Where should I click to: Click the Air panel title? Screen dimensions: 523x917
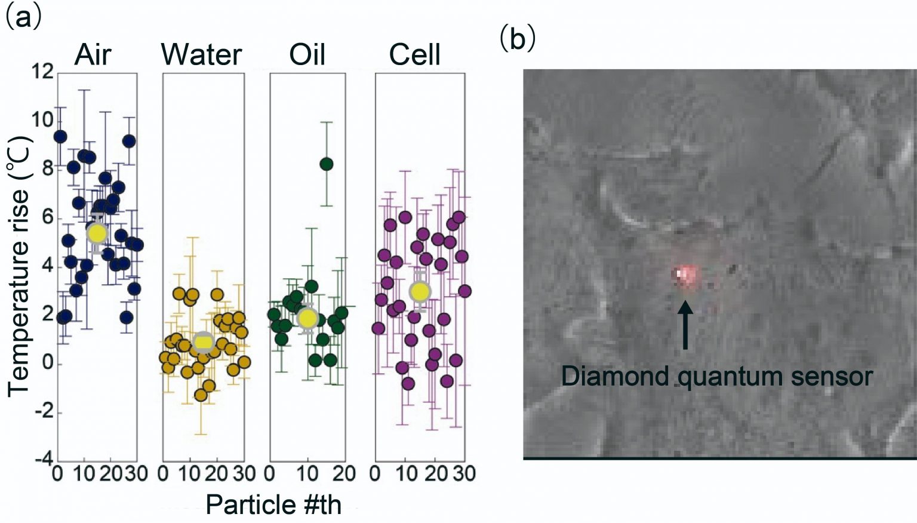tap(93, 55)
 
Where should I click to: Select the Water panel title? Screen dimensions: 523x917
tap(202, 55)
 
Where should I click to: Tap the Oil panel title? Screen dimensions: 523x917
tap(307, 55)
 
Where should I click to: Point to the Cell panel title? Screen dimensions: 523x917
tap(414, 55)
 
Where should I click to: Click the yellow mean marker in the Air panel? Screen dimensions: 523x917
tap(97, 233)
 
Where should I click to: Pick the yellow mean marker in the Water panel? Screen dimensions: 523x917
tap(203, 342)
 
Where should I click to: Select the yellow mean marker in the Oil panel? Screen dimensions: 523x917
tap(307, 318)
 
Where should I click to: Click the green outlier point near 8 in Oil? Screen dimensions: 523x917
tap(326, 164)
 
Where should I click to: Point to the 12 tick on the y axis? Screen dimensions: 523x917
tap(42, 72)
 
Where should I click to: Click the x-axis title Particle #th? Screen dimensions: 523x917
tap(273, 505)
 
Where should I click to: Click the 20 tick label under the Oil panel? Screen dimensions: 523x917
tap(343, 475)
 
